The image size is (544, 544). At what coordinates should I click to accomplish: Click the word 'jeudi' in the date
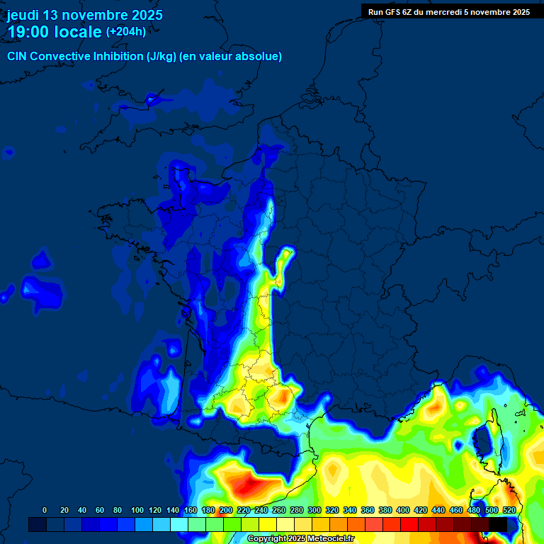(23, 15)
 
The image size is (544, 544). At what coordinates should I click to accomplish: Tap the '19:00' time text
(28, 33)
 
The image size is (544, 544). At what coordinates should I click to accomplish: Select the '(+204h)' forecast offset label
(126, 31)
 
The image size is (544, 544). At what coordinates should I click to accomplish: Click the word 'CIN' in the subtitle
(18, 57)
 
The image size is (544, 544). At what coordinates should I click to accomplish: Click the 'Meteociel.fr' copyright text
(326, 539)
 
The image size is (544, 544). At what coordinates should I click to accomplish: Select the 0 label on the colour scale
(45, 510)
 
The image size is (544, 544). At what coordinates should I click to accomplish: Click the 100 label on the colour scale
(137, 510)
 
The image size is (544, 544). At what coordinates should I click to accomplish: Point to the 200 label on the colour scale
(226, 510)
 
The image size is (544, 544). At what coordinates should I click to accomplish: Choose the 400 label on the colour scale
(403, 510)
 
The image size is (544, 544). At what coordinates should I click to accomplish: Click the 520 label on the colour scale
(509, 510)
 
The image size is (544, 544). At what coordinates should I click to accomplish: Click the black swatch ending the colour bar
(498, 524)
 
